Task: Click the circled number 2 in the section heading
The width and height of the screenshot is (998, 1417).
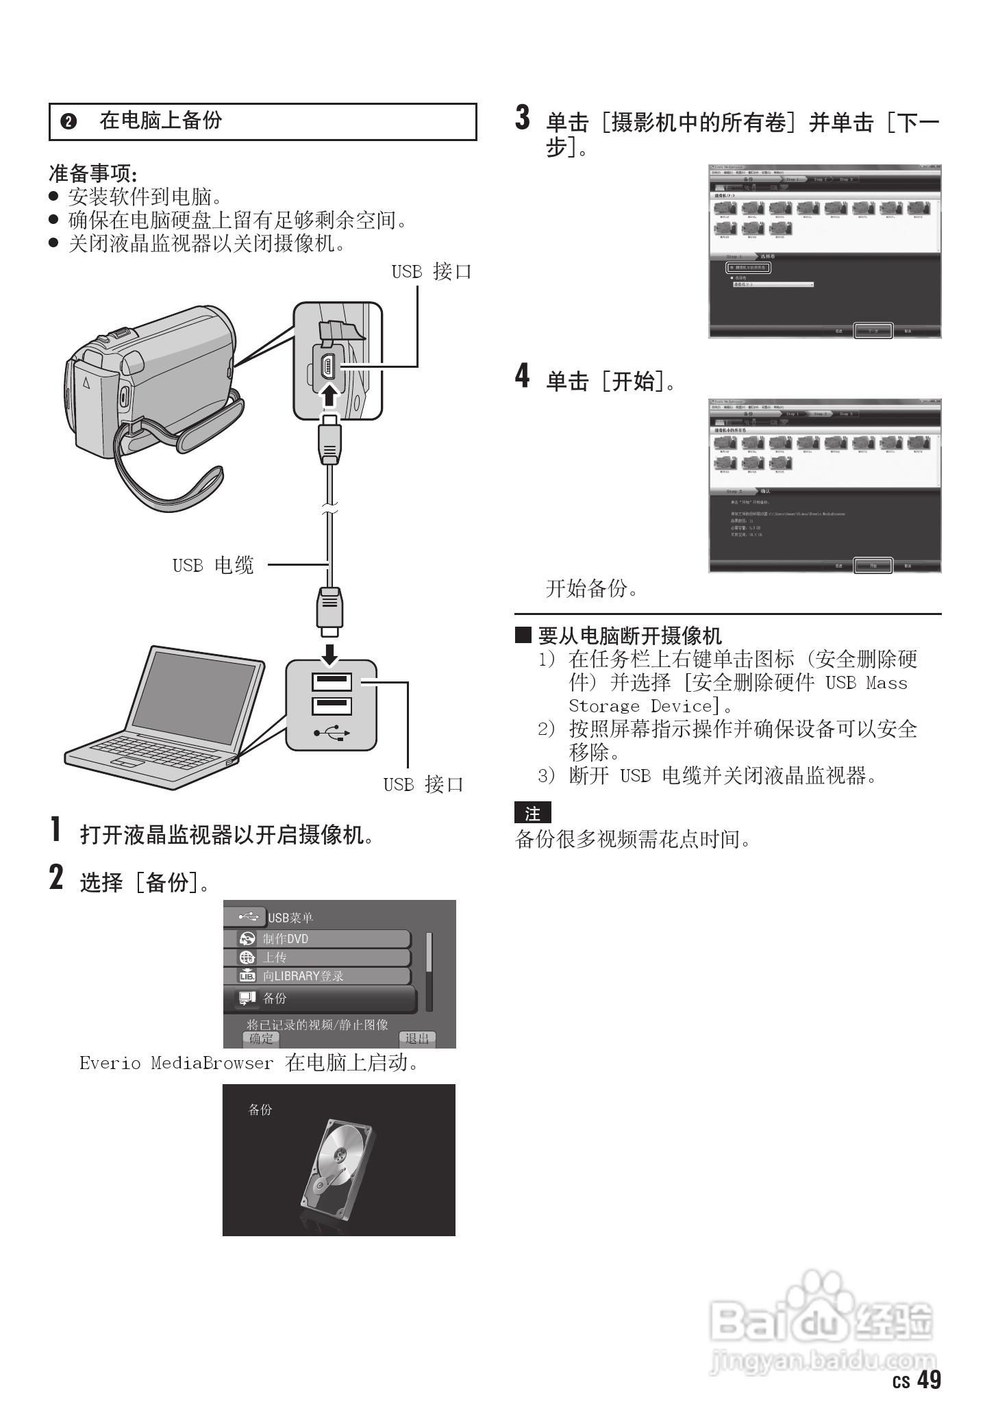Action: (x=68, y=122)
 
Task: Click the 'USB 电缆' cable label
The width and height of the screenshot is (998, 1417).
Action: (x=213, y=566)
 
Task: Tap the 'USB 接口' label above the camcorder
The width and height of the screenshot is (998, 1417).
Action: (x=431, y=272)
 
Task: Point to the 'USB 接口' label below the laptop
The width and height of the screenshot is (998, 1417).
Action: (x=423, y=785)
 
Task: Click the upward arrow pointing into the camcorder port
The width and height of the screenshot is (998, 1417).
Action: (x=330, y=396)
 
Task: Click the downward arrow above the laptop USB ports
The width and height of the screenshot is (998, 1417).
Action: (x=330, y=653)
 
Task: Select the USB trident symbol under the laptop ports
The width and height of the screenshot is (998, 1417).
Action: (x=332, y=733)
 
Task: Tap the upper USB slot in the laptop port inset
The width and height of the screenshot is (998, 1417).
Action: (x=332, y=682)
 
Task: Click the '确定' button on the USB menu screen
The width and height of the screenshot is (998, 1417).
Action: (x=261, y=1039)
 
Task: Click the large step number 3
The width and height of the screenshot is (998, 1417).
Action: (x=522, y=118)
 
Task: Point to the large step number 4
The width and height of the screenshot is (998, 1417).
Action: (x=522, y=376)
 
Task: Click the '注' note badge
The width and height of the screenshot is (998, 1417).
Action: (x=532, y=814)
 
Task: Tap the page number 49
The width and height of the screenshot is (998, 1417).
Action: (x=929, y=1381)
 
